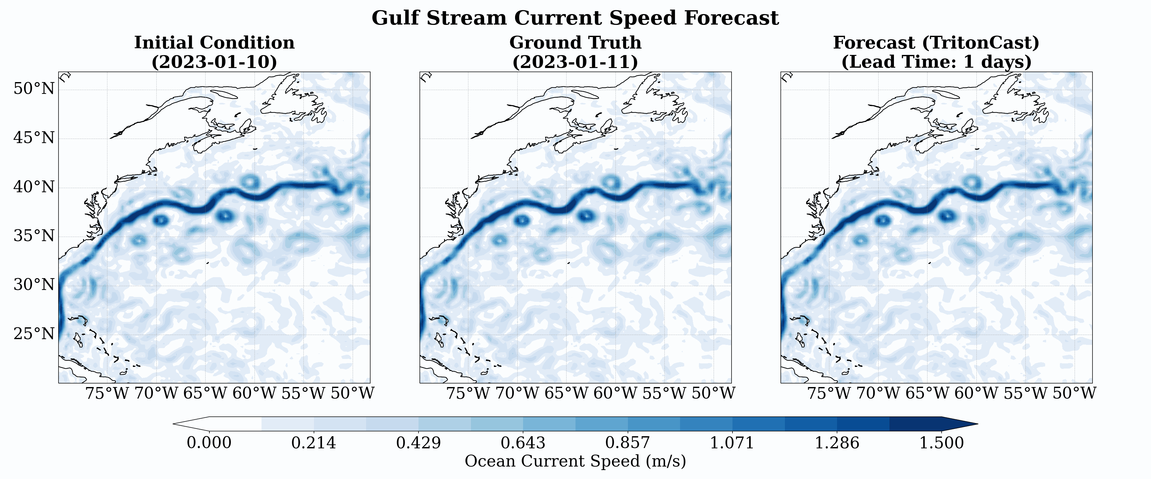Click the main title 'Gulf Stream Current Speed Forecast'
pyautogui.click(x=575, y=18)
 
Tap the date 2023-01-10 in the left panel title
pyautogui.click(x=215, y=62)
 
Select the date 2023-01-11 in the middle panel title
pyautogui.click(x=575, y=62)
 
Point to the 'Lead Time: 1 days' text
pyautogui.click(x=936, y=62)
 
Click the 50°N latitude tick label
pyautogui.click(x=34, y=89)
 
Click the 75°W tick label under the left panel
pyautogui.click(x=107, y=393)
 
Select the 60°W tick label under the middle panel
pyautogui.click(x=615, y=393)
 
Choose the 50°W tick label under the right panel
pyautogui.click(x=1074, y=393)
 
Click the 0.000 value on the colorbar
pyautogui.click(x=209, y=443)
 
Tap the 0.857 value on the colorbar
pyautogui.click(x=628, y=443)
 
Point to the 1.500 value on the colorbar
pyautogui.click(x=942, y=443)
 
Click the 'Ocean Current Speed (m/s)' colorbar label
pyautogui.click(x=575, y=461)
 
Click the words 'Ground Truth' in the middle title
pyautogui.click(x=575, y=43)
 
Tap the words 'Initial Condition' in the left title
pyautogui.click(x=215, y=43)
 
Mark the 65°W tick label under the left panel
pyautogui.click(x=205, y=393)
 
